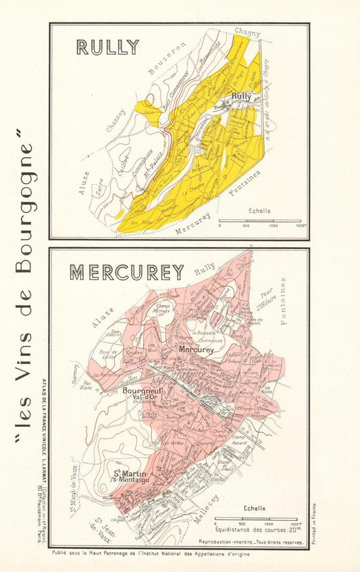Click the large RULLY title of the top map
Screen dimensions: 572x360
107,47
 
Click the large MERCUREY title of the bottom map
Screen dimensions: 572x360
127,272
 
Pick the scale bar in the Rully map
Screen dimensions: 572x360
263,220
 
